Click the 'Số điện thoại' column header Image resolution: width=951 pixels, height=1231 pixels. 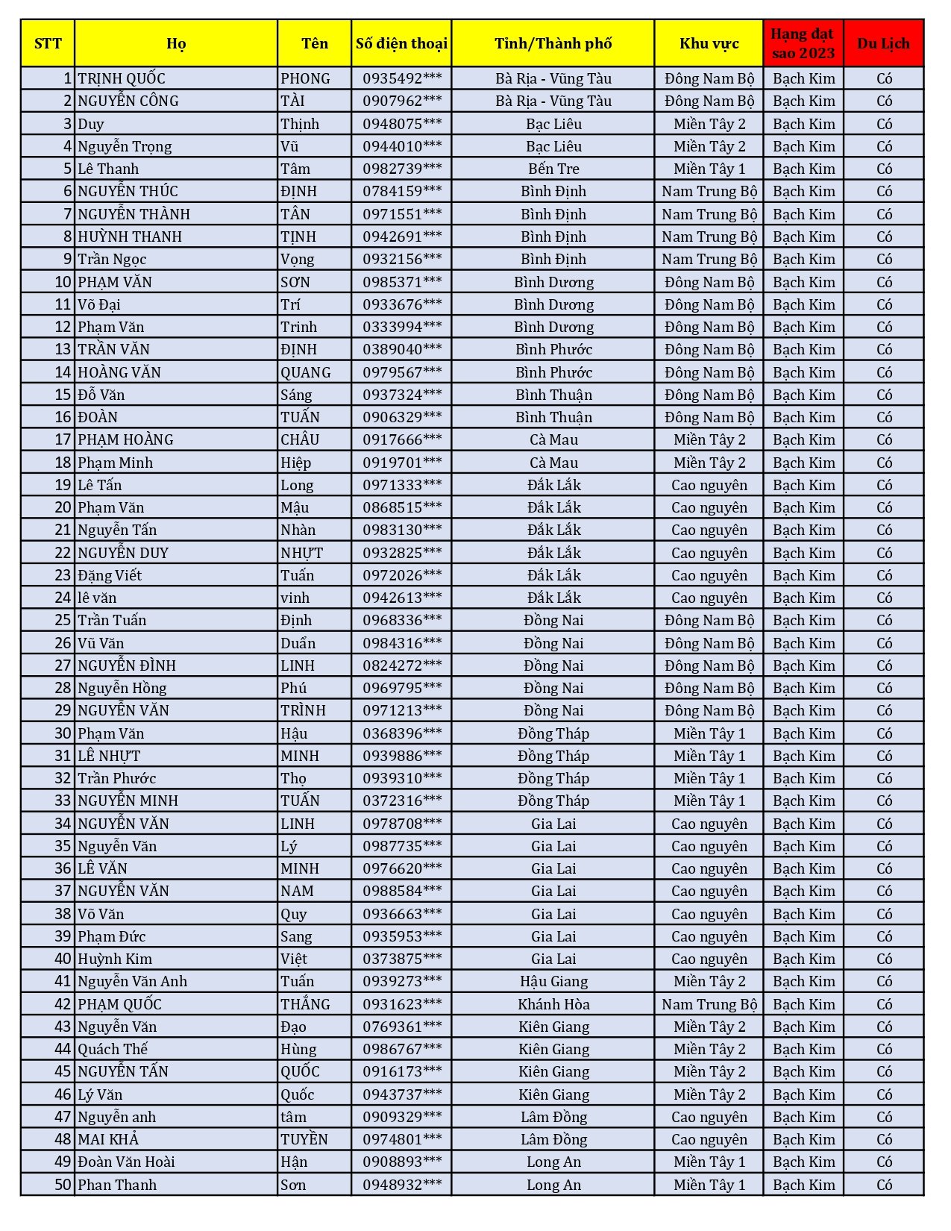click(401, 43)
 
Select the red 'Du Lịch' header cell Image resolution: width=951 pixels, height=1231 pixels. click(883, 43)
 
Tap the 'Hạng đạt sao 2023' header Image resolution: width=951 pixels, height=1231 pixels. click(803, 43)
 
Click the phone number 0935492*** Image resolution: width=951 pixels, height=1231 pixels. click(401, 78)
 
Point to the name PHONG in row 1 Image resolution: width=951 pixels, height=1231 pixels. click(305, 78)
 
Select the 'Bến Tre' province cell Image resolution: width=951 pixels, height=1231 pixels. click(553, 169)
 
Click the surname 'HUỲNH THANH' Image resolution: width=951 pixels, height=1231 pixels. click(130, 237)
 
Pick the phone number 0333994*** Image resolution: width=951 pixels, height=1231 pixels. click(401, 327)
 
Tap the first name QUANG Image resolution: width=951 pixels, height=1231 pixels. click(305, 372)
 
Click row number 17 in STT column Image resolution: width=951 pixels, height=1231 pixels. click(63, 439)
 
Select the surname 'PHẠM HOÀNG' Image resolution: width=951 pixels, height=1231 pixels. click(125, 439)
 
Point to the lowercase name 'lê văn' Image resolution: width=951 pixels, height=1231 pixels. click(97, 598)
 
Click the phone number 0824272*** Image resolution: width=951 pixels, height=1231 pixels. click(401, 665)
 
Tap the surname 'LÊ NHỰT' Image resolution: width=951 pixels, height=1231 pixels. click(109, 756)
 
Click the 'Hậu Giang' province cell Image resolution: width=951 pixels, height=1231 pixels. click(553, 981)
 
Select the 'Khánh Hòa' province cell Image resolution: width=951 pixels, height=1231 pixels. click(553, 1004)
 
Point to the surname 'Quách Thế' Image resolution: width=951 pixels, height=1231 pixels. click(113, 1049)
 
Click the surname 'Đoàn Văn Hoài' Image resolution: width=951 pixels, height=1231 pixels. click(126, 1162)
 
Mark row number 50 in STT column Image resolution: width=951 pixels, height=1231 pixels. click(63, 1185)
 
